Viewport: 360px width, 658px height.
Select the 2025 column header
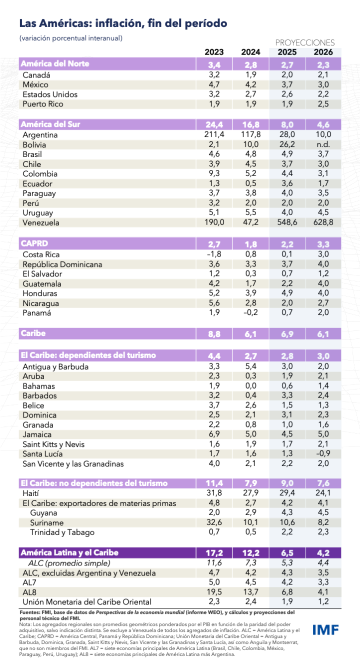[x=287, y=52]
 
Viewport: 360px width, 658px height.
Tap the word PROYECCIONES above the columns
[x=305, y=42]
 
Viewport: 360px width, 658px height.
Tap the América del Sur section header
[x=50, y=124]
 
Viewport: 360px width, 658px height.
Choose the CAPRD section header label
[x=34, y=243]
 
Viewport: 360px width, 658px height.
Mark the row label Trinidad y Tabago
[x=62, y=532]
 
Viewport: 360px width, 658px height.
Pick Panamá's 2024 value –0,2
[x=249, y=313]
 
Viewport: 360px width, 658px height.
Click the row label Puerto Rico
[x=43, y=104]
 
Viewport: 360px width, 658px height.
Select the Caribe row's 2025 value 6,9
[x=287, y=333]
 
